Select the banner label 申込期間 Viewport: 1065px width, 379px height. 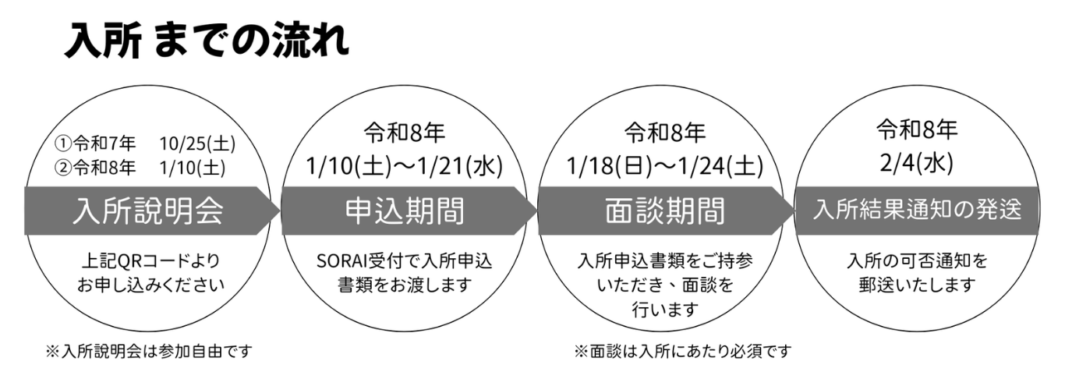pyautogui.click(x=405, y=211)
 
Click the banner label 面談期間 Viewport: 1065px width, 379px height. pyautogui.click(x=665, y=211)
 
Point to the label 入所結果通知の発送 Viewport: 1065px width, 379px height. pyautogui.click(x=917, y=211)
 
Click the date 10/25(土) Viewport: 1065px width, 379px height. pyautogui.click(x=196, y=144)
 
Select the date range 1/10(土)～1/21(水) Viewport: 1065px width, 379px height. pyautogui.click(x=405, y=165)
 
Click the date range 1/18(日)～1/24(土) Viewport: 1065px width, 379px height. pyautogui.click(x=665, y=165)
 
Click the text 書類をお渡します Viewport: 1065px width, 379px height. pyautogui.click(x=405, y=285)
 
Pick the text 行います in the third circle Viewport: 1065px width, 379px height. pyautogui.click(x=665, y=310)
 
